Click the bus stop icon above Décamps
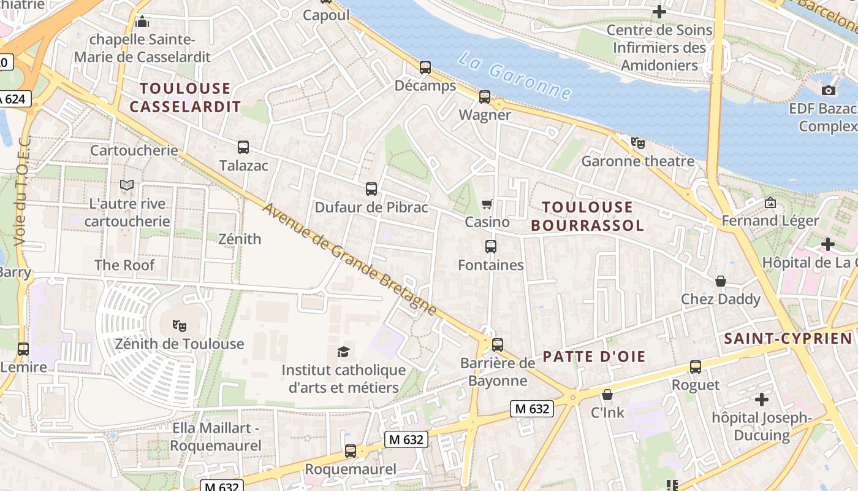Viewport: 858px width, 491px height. (425, 68)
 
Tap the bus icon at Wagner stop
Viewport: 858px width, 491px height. (485, 97)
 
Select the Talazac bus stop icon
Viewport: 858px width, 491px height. (243, 147)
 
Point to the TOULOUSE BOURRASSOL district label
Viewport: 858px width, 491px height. (587, 216)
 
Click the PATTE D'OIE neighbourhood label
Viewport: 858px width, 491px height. (594, 357)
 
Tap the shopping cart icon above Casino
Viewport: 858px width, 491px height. (487, 204)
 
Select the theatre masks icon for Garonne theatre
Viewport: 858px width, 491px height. (638, 144)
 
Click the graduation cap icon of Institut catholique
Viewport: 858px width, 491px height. (344, 352)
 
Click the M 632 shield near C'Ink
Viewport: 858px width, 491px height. (532, 409)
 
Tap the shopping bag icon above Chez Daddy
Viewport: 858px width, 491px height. (721, 281)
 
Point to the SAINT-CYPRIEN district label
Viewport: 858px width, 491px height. (788, 339)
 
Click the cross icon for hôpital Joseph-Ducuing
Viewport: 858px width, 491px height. (761, 400)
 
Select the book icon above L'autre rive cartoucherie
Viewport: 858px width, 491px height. (127, 185)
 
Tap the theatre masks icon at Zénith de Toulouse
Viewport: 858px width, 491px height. (179, 325)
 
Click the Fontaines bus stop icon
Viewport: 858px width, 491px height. (491, 247)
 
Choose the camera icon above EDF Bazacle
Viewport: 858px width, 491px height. (829, 91)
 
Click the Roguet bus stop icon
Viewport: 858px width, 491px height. (696, 367)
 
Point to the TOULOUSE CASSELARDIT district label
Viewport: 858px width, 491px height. (185, 98)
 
